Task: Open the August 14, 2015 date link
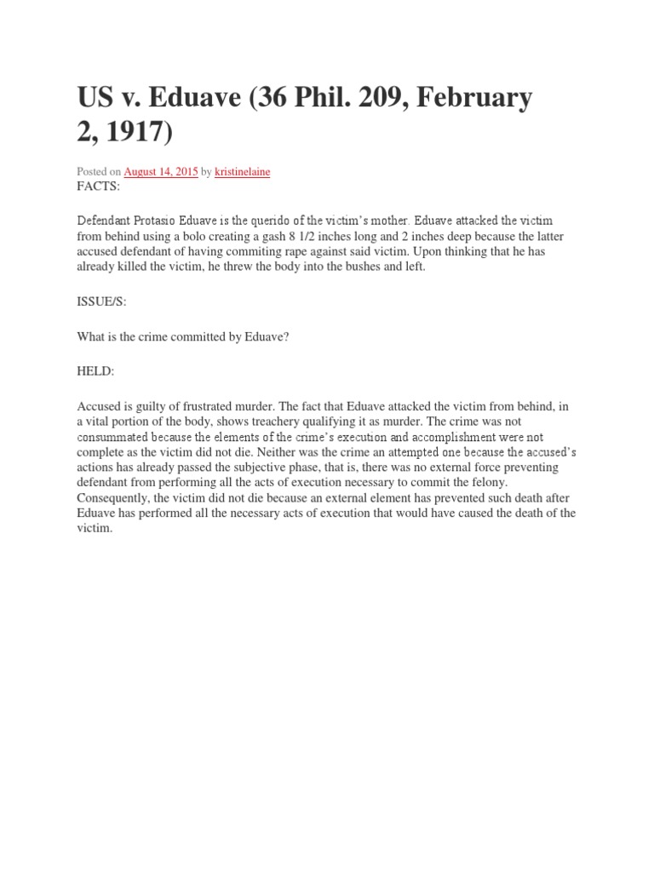click(161, 171)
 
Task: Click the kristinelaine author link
click(242, 171)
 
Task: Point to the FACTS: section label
click(99, 186)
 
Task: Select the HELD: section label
click(97, 372)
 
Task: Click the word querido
click(286, 221)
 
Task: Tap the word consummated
click(115, 437)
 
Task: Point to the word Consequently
click(116, 498)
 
